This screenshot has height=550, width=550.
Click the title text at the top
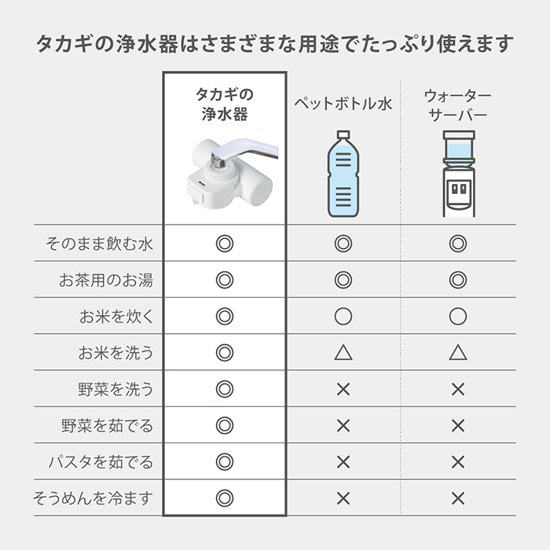pos(275,44)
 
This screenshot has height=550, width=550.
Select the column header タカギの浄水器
pos(225,104)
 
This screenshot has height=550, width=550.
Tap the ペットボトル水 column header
pos(343,104)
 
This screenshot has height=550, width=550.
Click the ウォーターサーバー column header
pos(458,104)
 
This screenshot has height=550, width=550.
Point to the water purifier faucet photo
pos(233,174)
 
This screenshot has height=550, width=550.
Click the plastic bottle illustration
pos(343,174)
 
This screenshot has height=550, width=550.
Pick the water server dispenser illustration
pos(458,174)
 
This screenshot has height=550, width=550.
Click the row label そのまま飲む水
pos(99,244)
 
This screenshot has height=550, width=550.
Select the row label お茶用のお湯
pos(106,280)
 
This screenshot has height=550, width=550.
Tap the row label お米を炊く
pos(116,317)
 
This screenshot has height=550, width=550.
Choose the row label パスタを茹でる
pos(101,462)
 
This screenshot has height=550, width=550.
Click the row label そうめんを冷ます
pos(93,498)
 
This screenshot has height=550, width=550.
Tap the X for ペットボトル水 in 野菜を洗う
pos(343,390)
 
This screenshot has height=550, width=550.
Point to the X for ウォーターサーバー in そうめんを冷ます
pos(458,498)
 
